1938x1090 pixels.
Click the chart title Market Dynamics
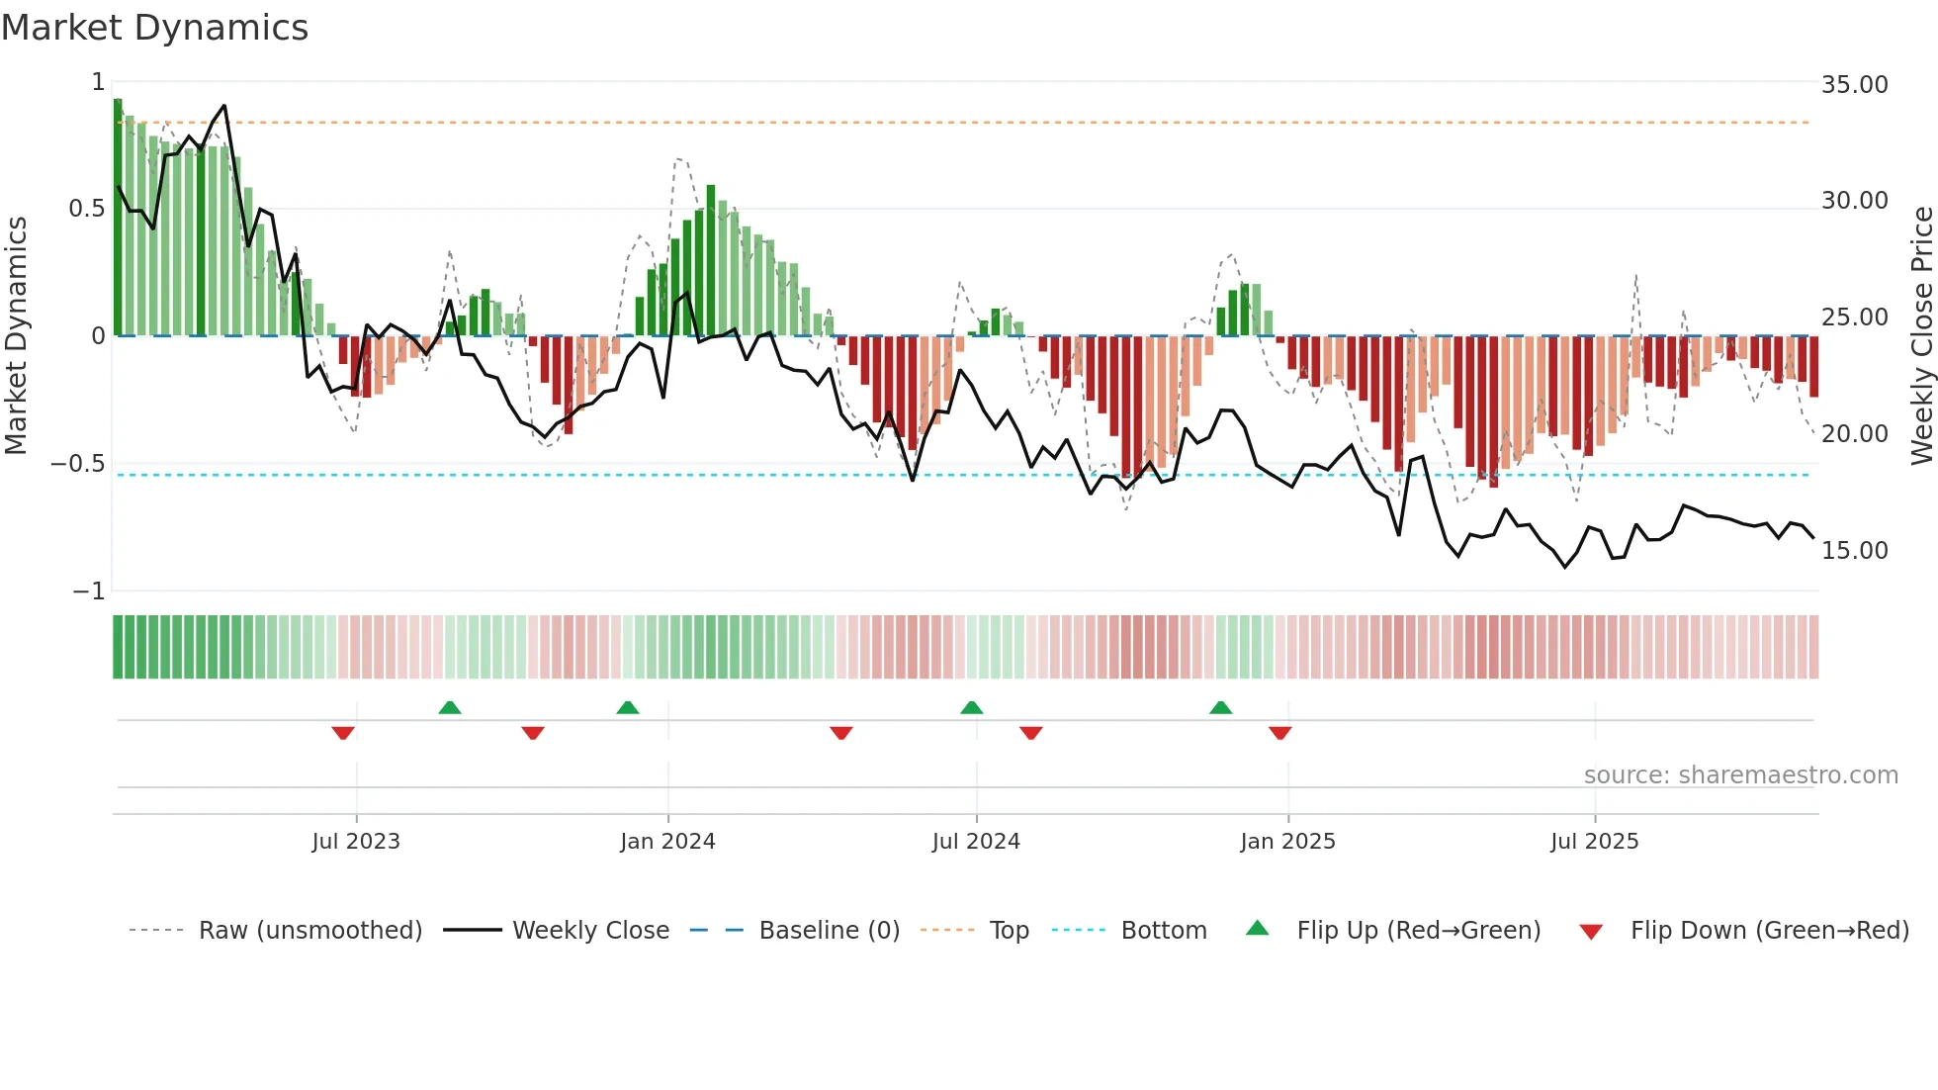pos(155,28)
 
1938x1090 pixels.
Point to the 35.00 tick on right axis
pos(1854,85)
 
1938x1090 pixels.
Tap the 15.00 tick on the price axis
pos(1854,551)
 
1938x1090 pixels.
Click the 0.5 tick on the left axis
pos(86,209)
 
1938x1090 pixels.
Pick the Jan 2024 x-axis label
pos(667,842)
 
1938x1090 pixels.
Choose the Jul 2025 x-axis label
pos(1594,842)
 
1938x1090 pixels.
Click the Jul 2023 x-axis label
pos(356,842)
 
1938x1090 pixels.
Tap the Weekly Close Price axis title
pos(1921,336)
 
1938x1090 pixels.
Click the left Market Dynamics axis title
pos(16,336)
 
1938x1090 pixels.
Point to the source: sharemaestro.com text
pos(1740,775)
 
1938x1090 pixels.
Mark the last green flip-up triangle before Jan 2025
pos(1220,708)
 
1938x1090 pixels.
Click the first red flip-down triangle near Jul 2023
pos(343,733)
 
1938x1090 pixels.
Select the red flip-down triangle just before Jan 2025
pos(1279,733)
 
